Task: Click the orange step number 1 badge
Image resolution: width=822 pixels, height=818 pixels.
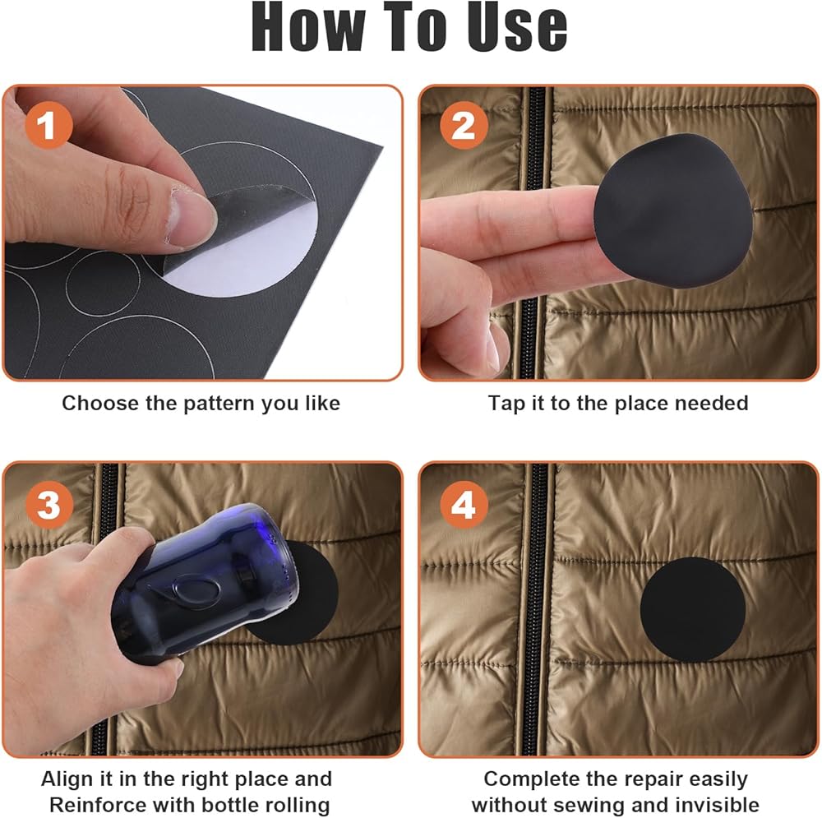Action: click(x=48, y=125)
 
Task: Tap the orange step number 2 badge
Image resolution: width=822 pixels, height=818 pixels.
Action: click(x=464, y=125)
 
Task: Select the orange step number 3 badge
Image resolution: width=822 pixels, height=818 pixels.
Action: click(x=48, y=504)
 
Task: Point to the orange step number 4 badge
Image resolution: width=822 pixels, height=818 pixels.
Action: click(x=464, y=504)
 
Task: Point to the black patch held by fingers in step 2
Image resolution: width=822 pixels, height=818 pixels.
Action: click(x=674, y=210)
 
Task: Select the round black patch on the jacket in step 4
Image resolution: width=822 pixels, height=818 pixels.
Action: click(x=692, y=609)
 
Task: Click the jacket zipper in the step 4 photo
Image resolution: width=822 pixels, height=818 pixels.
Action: click(x=536, y=609)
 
